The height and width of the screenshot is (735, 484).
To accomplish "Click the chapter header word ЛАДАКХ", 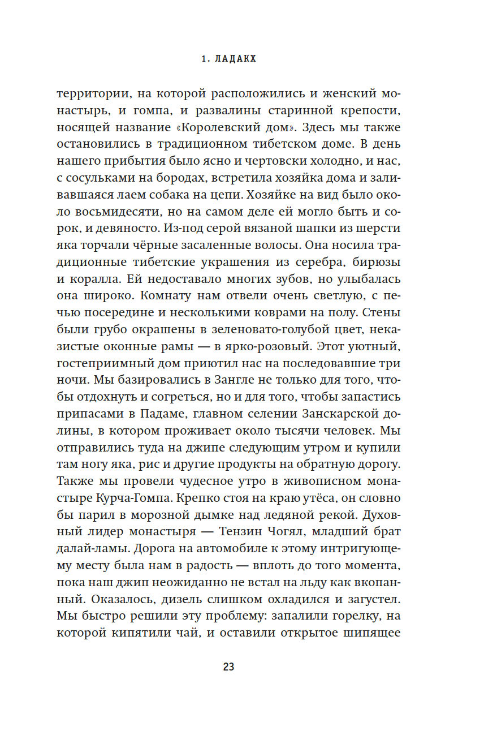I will click(x=236, y=59).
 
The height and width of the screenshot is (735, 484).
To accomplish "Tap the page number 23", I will click(x=228, y=667).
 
